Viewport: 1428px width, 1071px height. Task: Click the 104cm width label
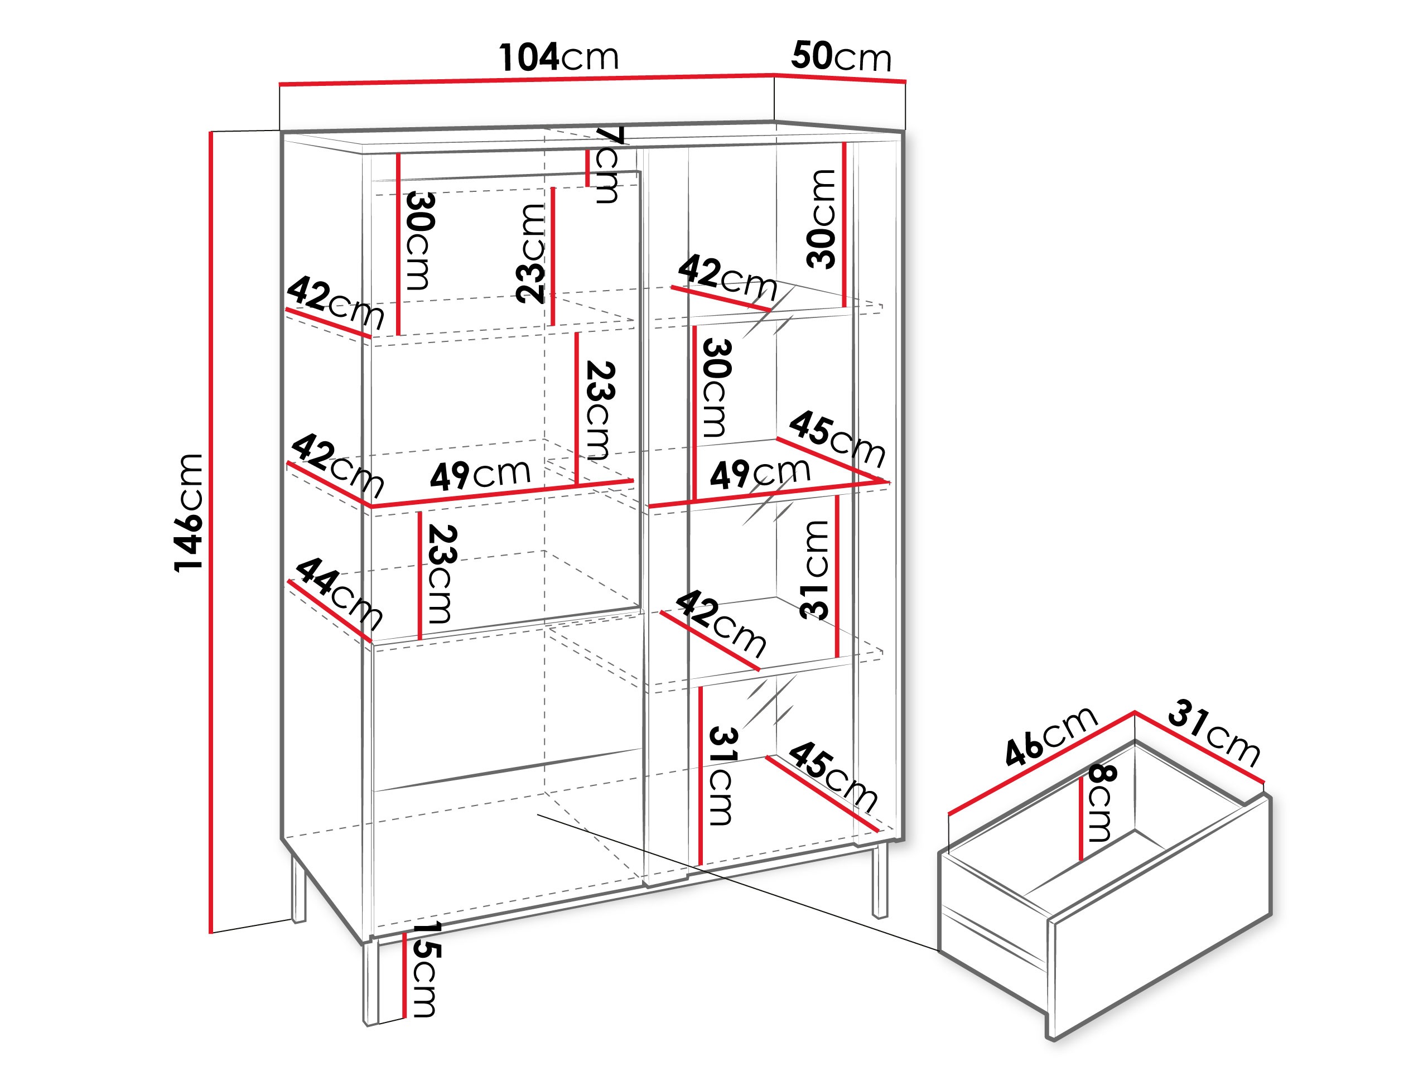click(x=559, y=57)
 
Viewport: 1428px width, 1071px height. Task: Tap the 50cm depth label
click(x=841, y=57)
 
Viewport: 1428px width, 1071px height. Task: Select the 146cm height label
click(x=189, y=513)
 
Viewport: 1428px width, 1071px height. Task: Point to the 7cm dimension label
click(x=607, y=165)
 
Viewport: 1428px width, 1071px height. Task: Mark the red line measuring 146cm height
click(x=211, y=529)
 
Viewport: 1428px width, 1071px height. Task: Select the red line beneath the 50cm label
click(x=840, y=78)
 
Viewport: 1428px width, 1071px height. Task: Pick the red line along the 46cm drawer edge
click(x=1041, y=763)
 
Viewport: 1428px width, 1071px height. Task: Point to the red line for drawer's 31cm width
click(x=1199, y=747)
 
